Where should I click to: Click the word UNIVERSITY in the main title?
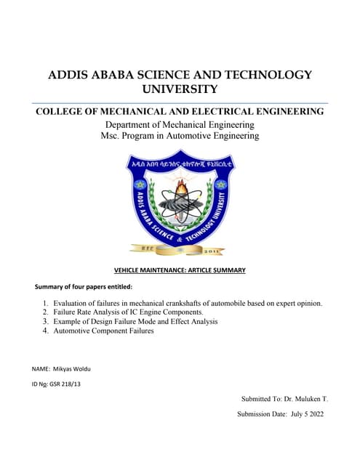(180, 89)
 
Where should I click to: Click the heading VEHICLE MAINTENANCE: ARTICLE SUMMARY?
(180, 270)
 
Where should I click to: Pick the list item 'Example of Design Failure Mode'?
(135, 321)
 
